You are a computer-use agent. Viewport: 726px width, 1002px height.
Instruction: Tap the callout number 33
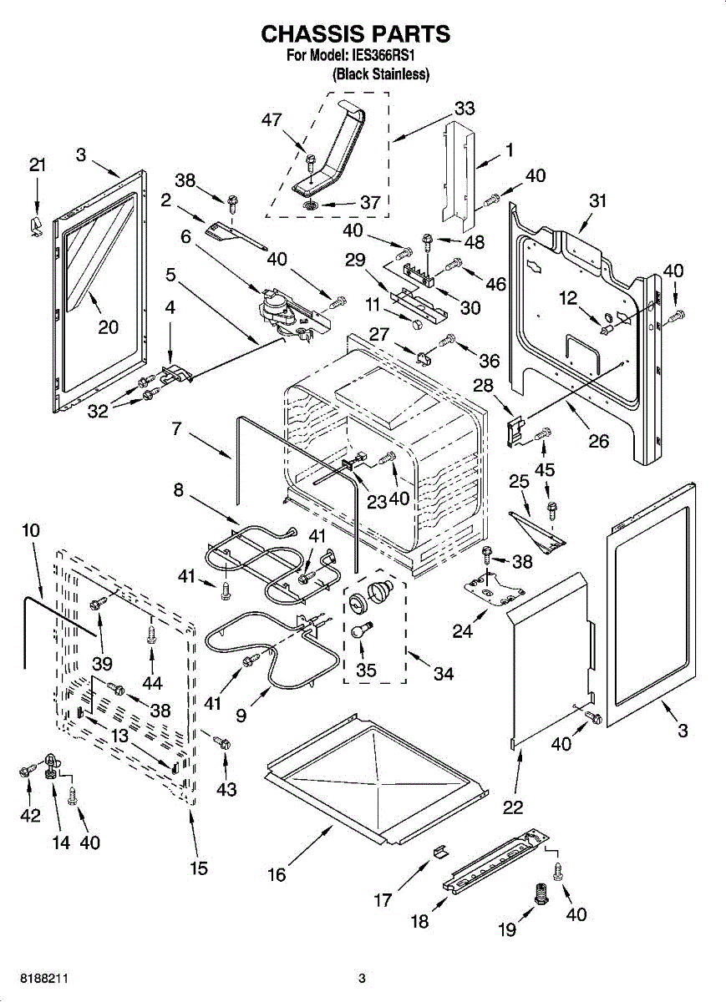click(465, 108)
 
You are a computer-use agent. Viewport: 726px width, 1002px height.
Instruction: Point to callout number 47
click(272, 120)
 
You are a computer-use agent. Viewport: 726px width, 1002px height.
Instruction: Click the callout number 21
click(37, 165)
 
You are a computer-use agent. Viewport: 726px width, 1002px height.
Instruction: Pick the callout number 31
click(597, 200)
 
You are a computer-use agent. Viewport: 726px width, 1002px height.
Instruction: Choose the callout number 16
click(277, 874)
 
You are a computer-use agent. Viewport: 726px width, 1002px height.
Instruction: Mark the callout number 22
click(513, 807)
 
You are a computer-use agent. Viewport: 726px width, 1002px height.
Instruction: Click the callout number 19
click(507, 929)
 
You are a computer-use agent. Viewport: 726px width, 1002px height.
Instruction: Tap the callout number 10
click(31, 530)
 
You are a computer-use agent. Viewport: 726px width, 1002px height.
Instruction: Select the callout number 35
click(366, 671)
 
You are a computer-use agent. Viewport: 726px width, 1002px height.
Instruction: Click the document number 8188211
click(40, 978)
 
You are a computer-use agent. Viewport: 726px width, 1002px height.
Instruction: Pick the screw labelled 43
click(221, 741)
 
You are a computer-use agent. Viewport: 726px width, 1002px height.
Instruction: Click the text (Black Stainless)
click(381, 74)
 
